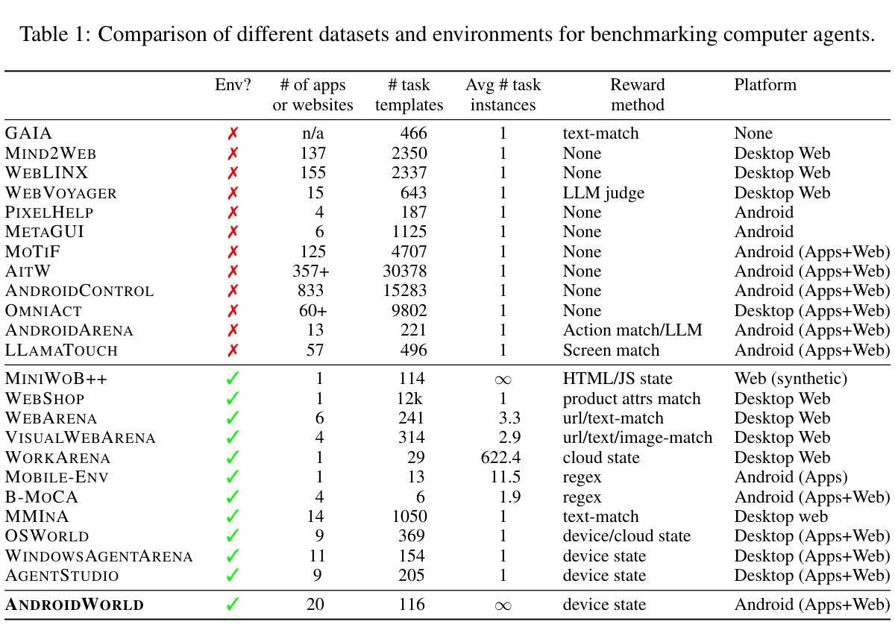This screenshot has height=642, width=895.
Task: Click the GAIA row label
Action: point(28,133)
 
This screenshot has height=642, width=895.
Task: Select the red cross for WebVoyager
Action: point(233,193)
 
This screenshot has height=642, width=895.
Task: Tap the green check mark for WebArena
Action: point(233,418)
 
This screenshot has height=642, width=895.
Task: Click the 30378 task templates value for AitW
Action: point(404,271)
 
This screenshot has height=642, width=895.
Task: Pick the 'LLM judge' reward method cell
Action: point(603,193)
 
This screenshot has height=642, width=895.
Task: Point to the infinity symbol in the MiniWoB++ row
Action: point(503,380)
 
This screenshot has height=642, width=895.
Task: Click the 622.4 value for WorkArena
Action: point(500,457)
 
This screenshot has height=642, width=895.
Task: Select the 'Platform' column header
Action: point(765,85)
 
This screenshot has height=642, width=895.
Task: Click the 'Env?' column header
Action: point(233,85)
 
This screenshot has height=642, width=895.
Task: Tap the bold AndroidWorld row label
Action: point(75,605)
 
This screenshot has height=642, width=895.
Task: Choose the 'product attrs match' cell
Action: point(631,399)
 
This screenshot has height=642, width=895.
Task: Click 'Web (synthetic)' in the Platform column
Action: point(791,379)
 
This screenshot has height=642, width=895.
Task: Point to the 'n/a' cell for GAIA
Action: point(313,133)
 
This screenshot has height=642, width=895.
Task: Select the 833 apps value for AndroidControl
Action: point(310,291)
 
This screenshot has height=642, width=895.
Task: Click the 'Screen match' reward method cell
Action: point(611,350)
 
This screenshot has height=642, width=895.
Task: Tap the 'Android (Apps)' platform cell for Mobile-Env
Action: point(791,477)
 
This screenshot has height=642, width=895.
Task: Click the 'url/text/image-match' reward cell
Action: point(637,438)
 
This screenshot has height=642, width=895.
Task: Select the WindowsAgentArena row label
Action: point(98,556)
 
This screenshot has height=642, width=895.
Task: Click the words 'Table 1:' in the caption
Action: point(55,34)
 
